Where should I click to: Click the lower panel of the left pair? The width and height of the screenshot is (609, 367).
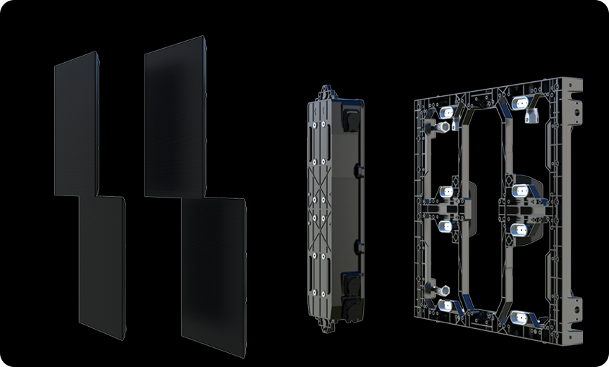pos(102,266)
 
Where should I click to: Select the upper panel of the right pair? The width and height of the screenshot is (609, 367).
pos(175,117)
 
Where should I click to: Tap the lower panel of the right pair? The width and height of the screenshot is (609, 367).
pos(214,275)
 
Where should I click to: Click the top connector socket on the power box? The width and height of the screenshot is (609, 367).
pos(350,115)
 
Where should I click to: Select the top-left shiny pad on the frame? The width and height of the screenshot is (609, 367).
pos(445,112)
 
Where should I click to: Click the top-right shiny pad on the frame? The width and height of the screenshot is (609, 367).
pos(521,103)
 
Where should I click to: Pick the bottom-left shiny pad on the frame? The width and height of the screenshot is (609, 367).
pos(445,306)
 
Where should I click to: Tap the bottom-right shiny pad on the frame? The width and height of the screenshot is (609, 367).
pos(520,317)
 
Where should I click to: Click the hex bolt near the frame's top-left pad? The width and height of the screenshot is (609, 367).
pos(443,127)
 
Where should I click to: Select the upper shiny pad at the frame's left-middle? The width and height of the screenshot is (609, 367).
pos(445,192)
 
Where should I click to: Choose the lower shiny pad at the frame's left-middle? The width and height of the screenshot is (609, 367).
pos(445,226)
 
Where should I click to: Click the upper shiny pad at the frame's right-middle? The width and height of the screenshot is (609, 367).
pos(520,190)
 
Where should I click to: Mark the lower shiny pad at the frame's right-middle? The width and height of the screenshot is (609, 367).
pos(519,229)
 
